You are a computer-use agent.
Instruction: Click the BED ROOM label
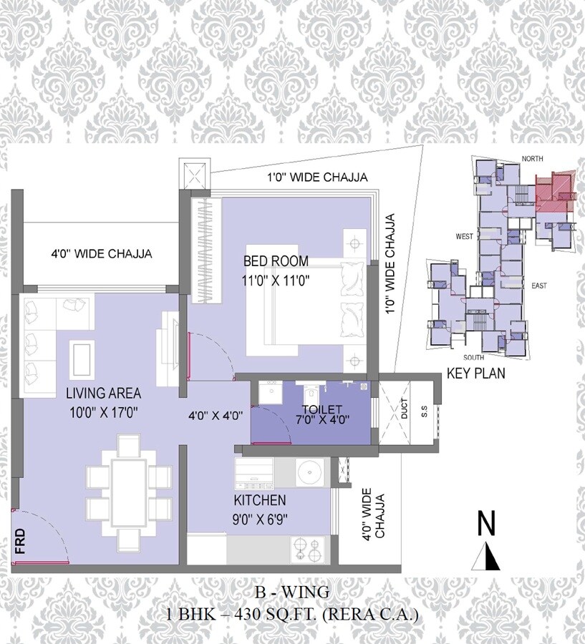pos(276,260)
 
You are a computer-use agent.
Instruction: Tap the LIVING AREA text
pos(103,393)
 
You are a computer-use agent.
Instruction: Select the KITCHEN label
pos(259,500)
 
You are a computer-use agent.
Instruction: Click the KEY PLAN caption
pos(475,373)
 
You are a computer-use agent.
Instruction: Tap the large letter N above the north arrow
pos(487,524)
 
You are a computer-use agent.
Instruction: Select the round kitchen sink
pos(308,474)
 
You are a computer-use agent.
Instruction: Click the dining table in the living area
pos(129,492)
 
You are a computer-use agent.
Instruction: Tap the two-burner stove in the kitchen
pos(309,550)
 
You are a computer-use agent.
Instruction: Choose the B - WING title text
pos(291,592)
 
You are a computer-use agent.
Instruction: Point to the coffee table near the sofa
pos(82,355)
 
